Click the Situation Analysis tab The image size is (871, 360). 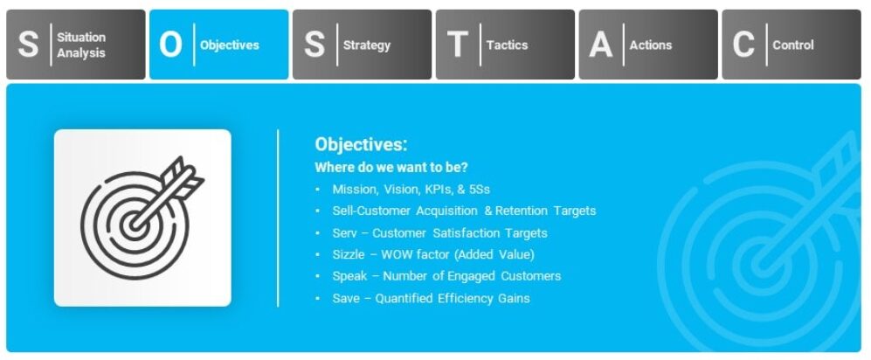[76, 45]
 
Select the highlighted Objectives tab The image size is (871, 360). [218, 45]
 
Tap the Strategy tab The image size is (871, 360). [362, 45]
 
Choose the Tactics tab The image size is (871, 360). [505, 45]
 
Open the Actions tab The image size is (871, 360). [648, 45]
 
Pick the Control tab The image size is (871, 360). [792, 45]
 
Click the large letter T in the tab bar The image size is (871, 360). [457, 45]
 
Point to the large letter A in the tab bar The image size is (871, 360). [600, 45]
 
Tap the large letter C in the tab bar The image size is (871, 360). [743, 45]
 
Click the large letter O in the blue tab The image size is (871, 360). [170, 45]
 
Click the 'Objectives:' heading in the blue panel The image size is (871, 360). [361, 145]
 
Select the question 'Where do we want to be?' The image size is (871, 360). [391, 167]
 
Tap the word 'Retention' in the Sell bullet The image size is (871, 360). [525, 211]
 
